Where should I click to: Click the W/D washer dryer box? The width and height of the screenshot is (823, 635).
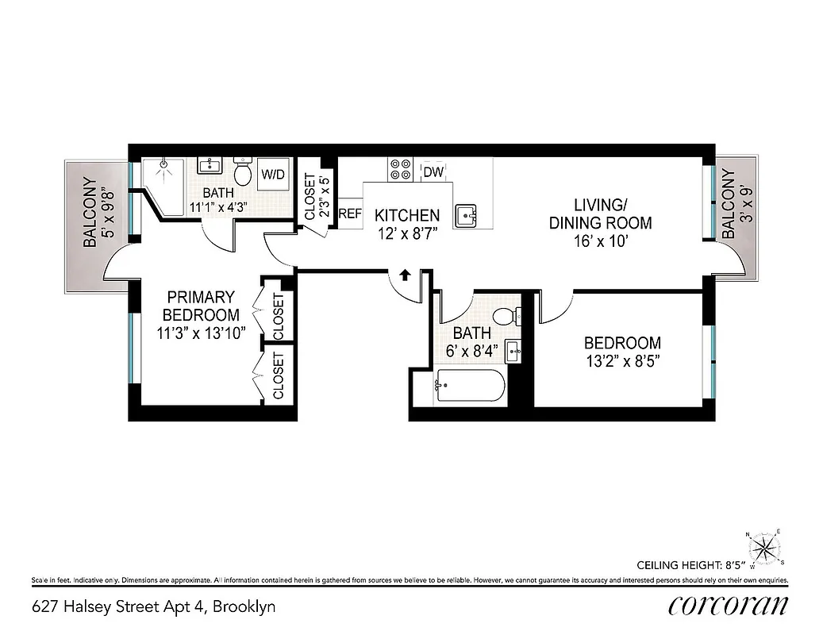point(274,174)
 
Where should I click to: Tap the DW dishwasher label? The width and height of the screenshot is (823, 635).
point(433,171)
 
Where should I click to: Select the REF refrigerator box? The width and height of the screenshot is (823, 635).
point(350,214)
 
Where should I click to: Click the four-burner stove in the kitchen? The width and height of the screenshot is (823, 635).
point(400,168)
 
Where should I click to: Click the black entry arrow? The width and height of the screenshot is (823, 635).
point(404,275)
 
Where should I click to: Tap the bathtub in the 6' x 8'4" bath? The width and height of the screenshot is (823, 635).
point(470,387)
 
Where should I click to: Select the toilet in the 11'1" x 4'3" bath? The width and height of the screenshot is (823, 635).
point(244,171)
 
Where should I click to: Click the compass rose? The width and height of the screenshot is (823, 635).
point(765,548)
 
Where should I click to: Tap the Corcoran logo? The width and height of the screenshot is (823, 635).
point(728,606)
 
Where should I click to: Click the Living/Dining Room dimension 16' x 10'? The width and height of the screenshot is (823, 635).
point(600,242)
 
